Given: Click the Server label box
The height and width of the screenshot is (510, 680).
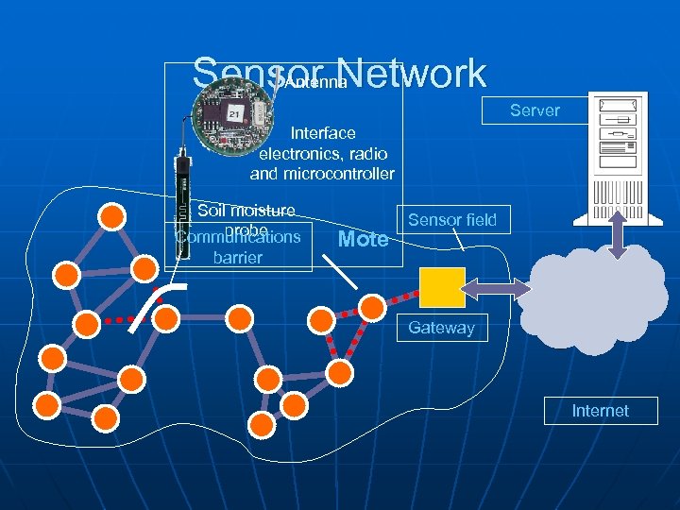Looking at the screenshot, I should [535, 110].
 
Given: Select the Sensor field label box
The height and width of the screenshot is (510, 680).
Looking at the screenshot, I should [451, 220].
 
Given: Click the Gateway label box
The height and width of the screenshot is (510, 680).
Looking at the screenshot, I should [441, 328].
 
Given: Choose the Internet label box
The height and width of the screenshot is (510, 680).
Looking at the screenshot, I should [600, 411].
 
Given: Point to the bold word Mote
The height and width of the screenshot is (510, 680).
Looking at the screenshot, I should [363, 239].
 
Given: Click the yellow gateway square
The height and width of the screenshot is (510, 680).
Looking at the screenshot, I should [442, 287].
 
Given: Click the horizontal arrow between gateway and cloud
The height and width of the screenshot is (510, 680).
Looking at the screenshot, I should [498, 287].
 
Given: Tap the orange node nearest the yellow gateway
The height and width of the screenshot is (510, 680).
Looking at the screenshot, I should [372, 307].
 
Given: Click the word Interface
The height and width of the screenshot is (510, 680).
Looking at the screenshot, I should [323, 133].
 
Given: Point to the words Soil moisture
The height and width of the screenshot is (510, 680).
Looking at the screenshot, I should [246, 211].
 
